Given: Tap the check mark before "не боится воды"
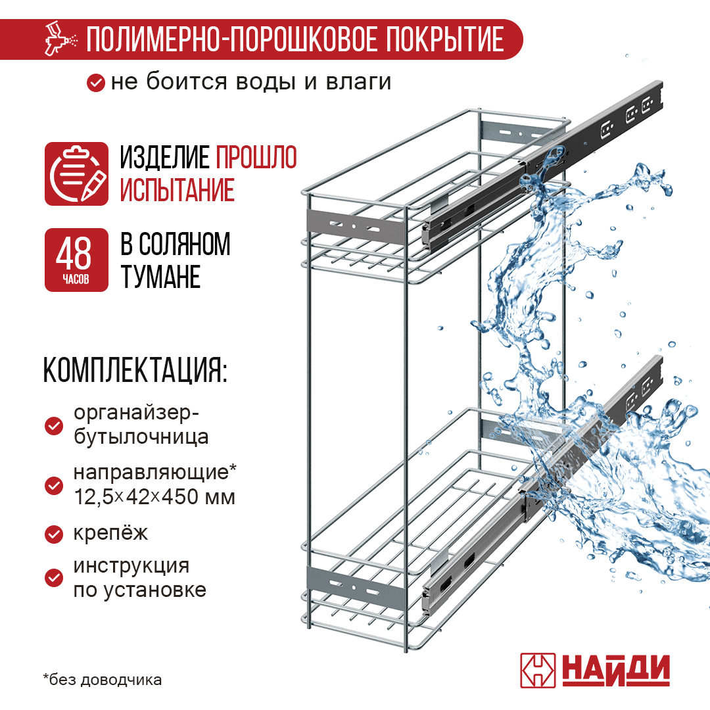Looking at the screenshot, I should coord(96,83).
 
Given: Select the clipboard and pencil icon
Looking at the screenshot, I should coord(76,174).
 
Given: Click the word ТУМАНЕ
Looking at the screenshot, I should coord(160,277).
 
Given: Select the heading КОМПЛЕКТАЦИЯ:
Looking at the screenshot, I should coord(135,372).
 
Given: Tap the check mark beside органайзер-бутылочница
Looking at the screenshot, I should coord(53,426).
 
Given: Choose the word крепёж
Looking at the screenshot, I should coord(110,533).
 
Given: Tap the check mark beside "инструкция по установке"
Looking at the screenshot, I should coord(53,578).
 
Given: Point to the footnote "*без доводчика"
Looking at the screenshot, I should coord(103,680).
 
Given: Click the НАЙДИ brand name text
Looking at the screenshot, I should coord(615,671).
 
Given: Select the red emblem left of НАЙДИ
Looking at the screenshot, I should coord(538,671).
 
